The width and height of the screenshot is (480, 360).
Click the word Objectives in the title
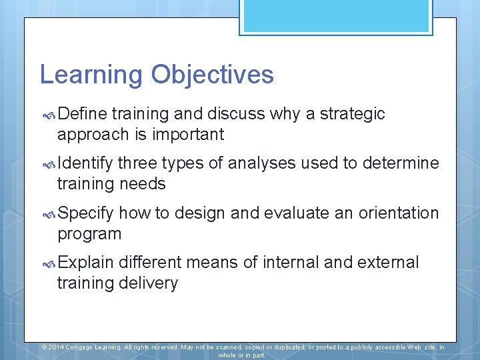tap(212, 75)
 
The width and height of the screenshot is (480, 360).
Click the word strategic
tap(352, 114)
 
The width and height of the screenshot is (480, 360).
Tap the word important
tap(188, 135)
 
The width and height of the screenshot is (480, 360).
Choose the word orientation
tap(399, 213)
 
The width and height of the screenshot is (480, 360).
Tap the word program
tap(89, 234)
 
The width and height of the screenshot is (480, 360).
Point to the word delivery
tap(148, 283)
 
